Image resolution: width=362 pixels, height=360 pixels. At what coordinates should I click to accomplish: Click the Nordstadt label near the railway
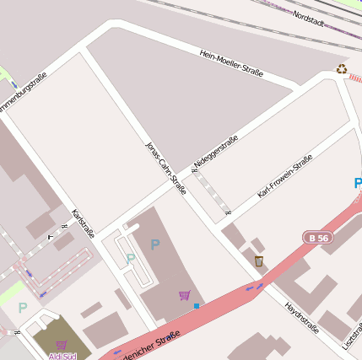(x=310, y=17)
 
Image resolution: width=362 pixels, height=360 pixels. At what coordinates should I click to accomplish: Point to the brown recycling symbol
(x=341, y=69)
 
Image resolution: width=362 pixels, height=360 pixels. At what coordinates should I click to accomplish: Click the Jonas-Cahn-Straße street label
(x=165, y=168)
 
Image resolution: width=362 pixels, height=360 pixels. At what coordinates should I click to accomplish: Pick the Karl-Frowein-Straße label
(x=285, y=176)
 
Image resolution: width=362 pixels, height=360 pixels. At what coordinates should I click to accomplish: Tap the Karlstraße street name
(x=84, y=223)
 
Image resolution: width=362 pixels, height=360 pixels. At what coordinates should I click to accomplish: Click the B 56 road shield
(x=319, y=239)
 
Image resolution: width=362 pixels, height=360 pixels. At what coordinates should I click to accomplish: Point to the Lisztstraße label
(x=350, y=334)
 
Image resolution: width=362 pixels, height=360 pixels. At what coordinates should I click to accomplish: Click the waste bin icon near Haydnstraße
(x=258, y=261)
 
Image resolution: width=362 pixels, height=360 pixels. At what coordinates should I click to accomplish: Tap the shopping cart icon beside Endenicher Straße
(x=184, y=295)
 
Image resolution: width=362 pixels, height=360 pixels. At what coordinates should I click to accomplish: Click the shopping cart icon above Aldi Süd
(x=61, y=344)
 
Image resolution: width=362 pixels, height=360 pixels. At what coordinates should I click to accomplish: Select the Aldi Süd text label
(x=62, y=356)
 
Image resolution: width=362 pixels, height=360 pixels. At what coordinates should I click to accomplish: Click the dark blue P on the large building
(x=154, y=244)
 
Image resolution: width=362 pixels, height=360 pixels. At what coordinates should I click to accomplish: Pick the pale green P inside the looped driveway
(x=130, y=259)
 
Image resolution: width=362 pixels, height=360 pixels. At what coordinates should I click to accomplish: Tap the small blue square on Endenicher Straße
(x=197, y=305)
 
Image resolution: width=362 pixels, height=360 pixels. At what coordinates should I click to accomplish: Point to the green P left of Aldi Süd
(x=22, y=308)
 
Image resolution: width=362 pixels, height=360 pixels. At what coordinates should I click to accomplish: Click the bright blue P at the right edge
(x=358, y=183)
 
